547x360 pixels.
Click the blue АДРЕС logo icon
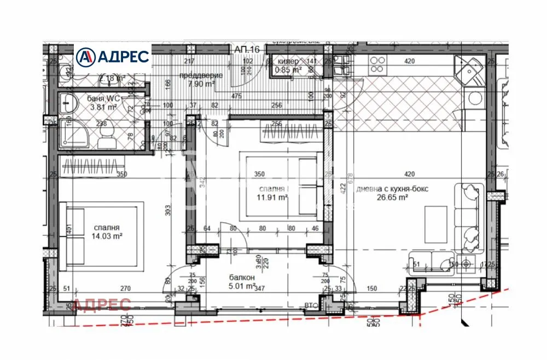tap(85, 56)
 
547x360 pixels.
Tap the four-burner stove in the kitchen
tap(376, 65)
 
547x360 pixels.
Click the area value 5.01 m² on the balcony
tap(242, 285)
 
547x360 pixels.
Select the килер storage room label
tap(288, 62)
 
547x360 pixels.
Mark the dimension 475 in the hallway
tap(236, 96)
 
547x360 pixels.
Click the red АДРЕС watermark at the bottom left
tap(102, 305)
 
